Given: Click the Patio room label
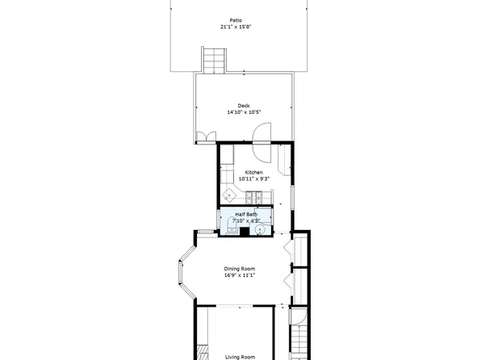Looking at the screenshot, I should [236, 20].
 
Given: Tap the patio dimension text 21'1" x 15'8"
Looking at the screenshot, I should [236, 27].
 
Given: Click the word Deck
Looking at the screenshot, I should [244, 106].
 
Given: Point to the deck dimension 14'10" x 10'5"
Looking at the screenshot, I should [244, 113].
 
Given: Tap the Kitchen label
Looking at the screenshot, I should [254, 173].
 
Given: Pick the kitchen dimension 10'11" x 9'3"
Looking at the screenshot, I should [254, 179].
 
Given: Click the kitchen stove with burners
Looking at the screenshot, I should [256, 196].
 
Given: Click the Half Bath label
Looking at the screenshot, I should [246, 214].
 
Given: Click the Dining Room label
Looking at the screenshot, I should [240, 269].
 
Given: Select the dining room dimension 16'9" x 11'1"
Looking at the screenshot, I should [240, 276].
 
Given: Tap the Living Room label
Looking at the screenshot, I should [240, 356].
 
